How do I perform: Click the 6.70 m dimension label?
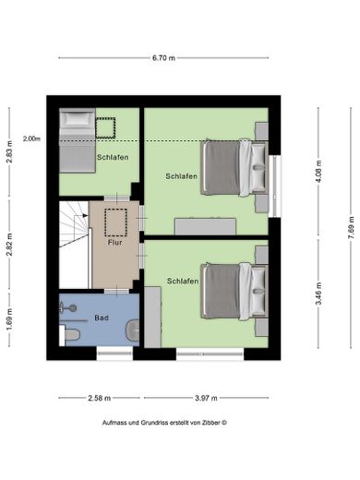(x=163, y=57)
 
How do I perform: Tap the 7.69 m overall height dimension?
(x=351, y=227)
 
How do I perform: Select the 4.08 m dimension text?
(x=318, y=172)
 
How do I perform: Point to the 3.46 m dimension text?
(x=318, y=294)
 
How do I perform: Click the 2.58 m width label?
(x=99, y=398)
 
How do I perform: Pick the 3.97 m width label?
(x=206, y=398)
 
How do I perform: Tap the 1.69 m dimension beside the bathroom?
(x=9, y=319)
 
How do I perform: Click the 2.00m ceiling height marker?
(x=31, y=138)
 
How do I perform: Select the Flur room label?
(x=114, y=243)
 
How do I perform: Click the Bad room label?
(x=102, y=318)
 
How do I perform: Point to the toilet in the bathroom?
(x=70, y=335)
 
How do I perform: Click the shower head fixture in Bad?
(x=68, y=307)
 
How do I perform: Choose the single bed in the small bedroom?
(x=78, y=140)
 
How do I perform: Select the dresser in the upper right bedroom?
(x=205, y=226)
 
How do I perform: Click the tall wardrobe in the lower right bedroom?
(x=152, y=317)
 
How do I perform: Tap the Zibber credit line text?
(x=164, y=423)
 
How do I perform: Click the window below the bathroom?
(x=114, y=354)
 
